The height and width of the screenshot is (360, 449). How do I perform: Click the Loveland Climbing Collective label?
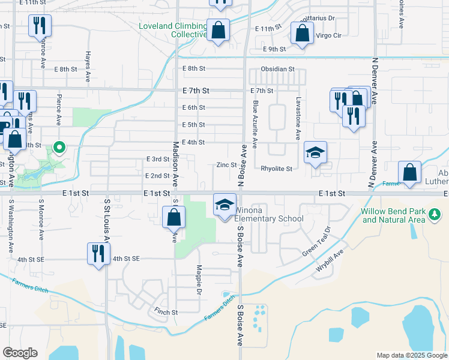(172, 31)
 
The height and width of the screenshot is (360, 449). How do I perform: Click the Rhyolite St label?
(276, 169)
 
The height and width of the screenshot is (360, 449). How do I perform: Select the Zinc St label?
(226, 164)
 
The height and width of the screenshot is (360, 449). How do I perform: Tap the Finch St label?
(166, 312)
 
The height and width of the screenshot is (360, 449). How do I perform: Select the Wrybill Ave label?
(330, 265)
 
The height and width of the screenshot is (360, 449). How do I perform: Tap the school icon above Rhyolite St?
(315, 152)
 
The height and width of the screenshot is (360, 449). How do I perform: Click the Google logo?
(20, 353)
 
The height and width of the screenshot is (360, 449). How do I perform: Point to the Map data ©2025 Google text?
(411, 355)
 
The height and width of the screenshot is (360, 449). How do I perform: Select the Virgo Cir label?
(328, 36)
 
